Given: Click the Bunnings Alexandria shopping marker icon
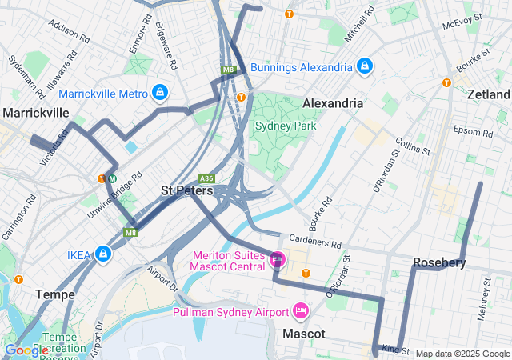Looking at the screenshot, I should (365, 66).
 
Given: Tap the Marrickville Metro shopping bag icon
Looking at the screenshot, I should (160, 94).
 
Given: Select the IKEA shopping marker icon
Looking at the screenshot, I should (103, 255).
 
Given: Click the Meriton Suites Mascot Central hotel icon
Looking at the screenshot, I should (278, 259).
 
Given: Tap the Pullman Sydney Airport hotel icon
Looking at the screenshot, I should (301, 310).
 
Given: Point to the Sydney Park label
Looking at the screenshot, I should (286, 126).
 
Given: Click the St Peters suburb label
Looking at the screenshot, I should (186, 191).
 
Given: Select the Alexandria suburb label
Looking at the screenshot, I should (333, 103).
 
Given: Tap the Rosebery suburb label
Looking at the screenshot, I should (439, 262).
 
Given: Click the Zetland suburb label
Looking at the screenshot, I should (489, 94).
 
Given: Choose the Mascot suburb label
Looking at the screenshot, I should (303, 333).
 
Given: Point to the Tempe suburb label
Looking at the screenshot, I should (56, 294).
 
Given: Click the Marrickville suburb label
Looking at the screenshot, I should (36, 113).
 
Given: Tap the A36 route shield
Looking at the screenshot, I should (207, 178).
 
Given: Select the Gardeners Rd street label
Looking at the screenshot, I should (315, 240).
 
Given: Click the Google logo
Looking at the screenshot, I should (26, 350).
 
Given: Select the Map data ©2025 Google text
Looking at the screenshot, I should (462, 354).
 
